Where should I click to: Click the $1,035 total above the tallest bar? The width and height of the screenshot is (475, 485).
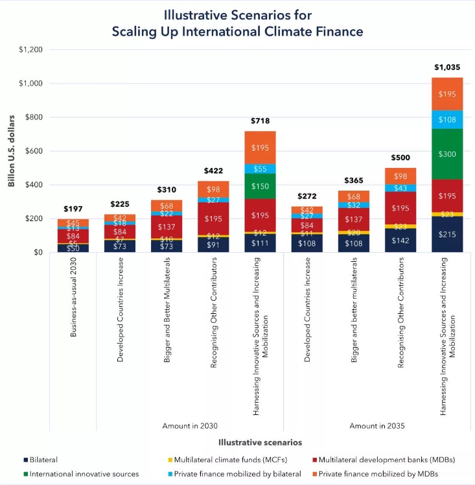pos(447,67)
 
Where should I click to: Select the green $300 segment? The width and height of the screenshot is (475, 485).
pos(447,154)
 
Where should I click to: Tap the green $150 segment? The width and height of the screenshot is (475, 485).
pos(260,186)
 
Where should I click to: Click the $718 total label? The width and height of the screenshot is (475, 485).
pos(260,121)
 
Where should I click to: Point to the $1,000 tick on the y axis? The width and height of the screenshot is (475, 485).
pos(30,84)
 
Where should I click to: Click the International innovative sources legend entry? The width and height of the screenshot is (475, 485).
pos(84,474)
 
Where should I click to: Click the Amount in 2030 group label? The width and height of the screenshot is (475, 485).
pos(190,425)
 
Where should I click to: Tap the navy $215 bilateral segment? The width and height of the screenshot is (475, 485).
pos(447,234)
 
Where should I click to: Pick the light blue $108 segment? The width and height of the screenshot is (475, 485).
pos(447,119)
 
